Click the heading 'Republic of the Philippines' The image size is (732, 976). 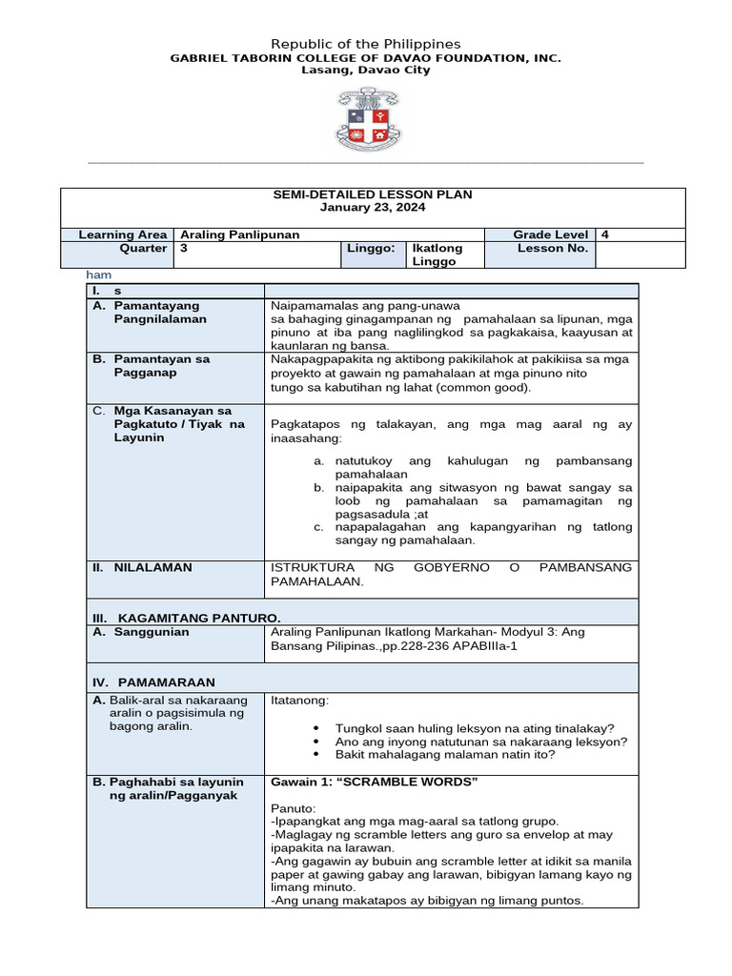(366, 44)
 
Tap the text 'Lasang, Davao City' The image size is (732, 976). (366, 71)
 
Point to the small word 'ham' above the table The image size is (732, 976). (100, 274)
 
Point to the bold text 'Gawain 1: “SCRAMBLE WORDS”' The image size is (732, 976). (374, 783)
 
